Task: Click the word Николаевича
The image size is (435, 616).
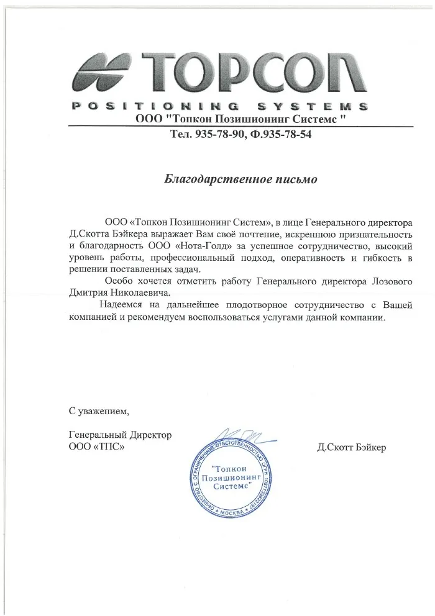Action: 140,292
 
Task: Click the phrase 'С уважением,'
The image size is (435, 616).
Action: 99,410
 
